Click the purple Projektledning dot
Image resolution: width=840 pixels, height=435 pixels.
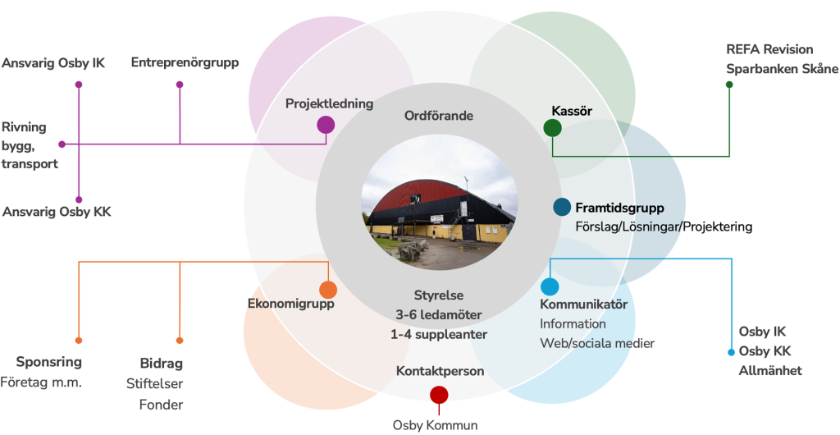[x=326, y=125]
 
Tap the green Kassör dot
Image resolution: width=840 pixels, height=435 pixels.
[x=552, y=128]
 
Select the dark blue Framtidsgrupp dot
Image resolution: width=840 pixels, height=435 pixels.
[x=562, y=208]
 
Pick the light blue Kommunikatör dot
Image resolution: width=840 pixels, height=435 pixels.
[x=550, y=286]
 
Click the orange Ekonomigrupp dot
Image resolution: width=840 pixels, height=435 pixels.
[x=328, y=290]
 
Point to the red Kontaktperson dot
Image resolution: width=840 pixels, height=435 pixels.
[x=439, y=395]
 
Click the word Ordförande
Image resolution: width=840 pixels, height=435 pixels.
[x=439, y=116]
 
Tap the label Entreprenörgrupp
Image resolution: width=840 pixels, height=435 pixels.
[x=185, y=62]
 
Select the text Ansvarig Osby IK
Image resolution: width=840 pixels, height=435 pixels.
[x=53, y=63]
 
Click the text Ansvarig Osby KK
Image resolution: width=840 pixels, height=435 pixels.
[x=57, y=212]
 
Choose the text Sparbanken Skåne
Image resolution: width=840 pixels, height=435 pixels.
[x=783, y=69]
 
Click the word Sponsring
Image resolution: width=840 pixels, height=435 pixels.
[x=49, y=362]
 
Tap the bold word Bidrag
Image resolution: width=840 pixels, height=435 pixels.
[x=161, y=364]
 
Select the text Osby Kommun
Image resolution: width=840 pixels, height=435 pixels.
[x=435, y=425]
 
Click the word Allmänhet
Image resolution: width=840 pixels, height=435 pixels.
[x=770, y=371]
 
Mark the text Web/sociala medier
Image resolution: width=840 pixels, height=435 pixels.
[x=596, y=343]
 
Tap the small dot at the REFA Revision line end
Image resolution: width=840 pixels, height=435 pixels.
[x=729, y=84]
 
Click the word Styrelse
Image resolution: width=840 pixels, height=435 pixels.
[x=439, y=295]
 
